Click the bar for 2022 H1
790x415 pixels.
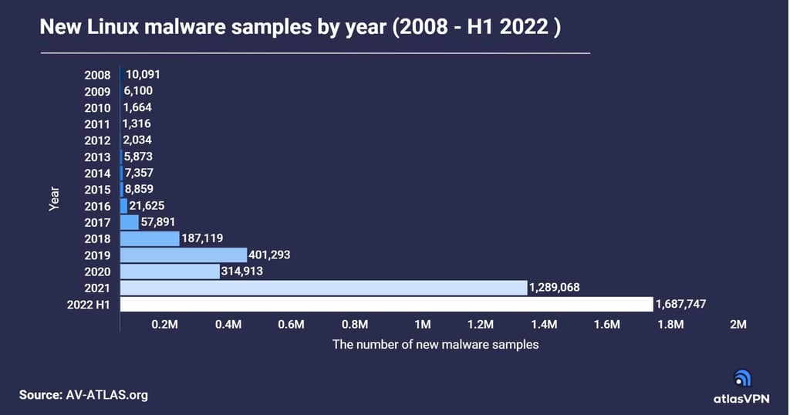[387, 304]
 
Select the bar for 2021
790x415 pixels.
[323, 288]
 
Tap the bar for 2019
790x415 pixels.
[184, 255]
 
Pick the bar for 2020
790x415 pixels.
[170, 272]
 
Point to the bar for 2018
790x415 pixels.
[150, 238]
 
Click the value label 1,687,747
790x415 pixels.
[681, 304]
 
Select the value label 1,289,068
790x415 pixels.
[554, 288]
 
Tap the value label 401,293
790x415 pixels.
[270, 255]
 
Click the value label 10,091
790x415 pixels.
[143, 75]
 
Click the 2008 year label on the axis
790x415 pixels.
[98, 76]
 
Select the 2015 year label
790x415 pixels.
[98, 190]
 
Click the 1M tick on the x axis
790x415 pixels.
[423, 325]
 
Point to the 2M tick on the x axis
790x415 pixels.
[738, 325]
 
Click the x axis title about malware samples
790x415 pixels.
[435, 345]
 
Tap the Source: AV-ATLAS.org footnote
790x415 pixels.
[83, 394]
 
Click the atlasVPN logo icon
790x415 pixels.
[741, 378]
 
